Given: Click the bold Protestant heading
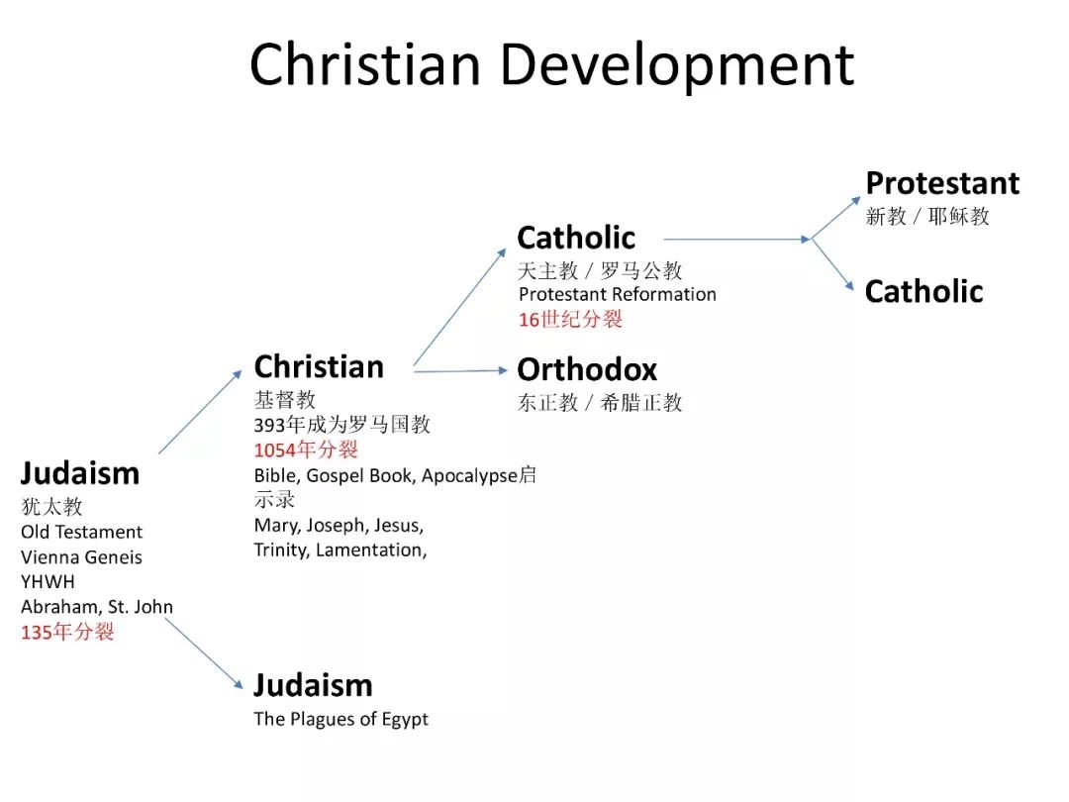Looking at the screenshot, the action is pos(942,183).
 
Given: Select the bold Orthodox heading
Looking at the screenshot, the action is pos(587,369).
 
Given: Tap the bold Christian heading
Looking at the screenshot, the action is pos(319,367).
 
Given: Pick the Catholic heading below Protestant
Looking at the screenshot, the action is pos(923,292).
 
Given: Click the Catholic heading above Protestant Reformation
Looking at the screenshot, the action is pos(576,238).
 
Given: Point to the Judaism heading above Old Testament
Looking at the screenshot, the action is pos(80,473).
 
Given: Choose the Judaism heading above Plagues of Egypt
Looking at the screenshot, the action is pos(313,685).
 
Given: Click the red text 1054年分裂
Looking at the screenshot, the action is pos(306,450).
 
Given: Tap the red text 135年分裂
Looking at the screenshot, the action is pos(67,632).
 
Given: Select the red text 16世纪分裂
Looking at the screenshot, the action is pos(570,319).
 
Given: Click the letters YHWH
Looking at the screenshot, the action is pos(48,582).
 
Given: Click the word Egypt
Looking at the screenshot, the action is pos(405,720).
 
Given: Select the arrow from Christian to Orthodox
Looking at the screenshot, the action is pos(460,371).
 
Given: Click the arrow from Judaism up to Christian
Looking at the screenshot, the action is pos(200,412).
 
